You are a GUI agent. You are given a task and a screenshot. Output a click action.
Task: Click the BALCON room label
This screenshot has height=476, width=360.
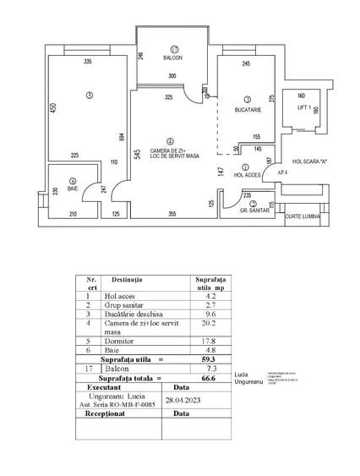click(x=172, y=57)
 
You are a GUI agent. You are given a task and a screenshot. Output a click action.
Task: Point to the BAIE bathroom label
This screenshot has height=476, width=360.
click(x=73, y=189)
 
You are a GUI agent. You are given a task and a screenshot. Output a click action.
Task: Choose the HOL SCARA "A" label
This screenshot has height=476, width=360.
click(x=308, y=161)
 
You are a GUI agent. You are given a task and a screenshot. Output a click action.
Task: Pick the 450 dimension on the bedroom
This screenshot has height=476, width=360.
click(x=52, y=109)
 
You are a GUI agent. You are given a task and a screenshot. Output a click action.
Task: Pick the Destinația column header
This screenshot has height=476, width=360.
click(x=128, y=280)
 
